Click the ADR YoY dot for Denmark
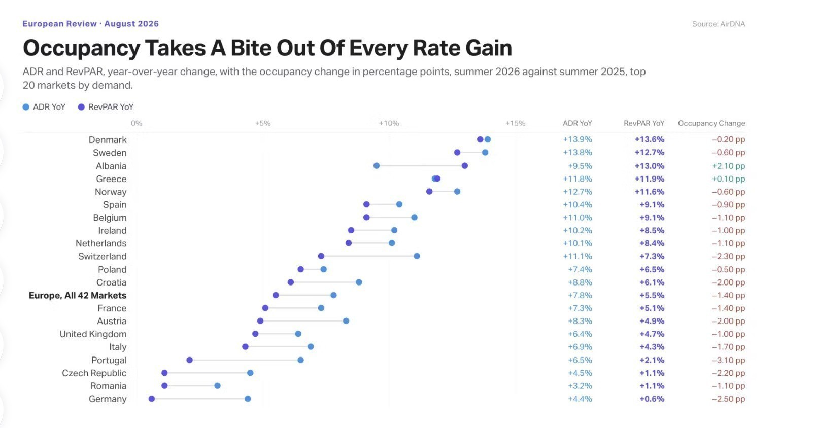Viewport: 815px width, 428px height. coord(488,139)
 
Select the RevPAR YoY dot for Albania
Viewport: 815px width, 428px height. coord(465,166)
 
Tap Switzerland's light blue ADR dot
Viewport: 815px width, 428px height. coord(417,256)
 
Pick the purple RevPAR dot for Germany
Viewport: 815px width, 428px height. coord(152,399)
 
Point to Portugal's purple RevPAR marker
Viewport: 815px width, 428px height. coord(190,360)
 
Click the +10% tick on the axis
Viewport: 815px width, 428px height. coord(389,123)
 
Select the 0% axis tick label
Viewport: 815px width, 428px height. coord(137,123)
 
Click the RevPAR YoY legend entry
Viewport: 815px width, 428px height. coord(106,107)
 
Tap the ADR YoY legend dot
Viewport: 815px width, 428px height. coord(26,107)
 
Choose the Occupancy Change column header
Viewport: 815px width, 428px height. coord(711,123)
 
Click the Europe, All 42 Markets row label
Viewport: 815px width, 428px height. coord(78,295)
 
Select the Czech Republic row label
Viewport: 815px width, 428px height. coord(94,373)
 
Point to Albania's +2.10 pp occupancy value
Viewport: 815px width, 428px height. coord(728,166)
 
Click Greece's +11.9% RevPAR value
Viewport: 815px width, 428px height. coord(650,179)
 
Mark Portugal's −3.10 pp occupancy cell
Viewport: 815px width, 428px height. coord(728,360)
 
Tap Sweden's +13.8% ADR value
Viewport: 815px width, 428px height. coord(578,152)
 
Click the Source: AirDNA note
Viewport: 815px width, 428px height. coord(719,24)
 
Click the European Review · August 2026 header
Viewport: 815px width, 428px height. coord(91,24)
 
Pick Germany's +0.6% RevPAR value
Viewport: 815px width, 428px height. coord(652,399)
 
